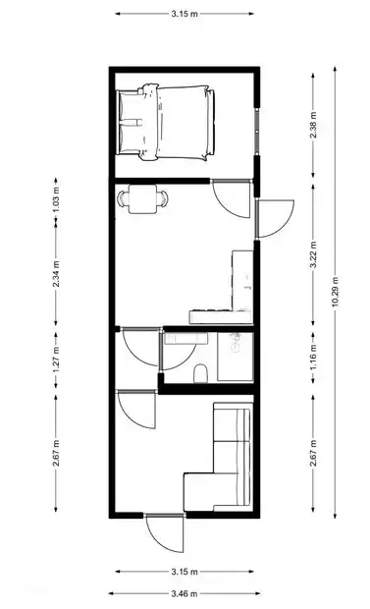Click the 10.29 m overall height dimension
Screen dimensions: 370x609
pos(335,292)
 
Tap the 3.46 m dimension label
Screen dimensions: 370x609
pos(185,593)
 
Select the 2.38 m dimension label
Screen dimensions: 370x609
pos(313,125)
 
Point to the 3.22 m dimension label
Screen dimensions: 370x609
pos(313,254)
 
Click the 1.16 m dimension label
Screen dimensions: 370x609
pos(313,357)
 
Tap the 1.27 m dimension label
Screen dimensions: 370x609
pos(56,360)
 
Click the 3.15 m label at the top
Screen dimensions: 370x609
pos(185,14)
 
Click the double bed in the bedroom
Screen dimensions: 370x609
pos(166,122)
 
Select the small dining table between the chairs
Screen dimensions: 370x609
pos(143,198)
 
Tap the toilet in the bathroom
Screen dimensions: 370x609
pos(200,373)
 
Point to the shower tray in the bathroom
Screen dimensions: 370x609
pos(236,357)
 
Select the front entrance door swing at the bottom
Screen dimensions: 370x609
pos(165,532)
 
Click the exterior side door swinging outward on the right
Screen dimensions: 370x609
pos(274,218)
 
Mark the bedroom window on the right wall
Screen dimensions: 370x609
pos(256,132)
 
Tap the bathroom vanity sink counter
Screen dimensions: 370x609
pos(185,338)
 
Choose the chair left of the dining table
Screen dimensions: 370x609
pos(123,198)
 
